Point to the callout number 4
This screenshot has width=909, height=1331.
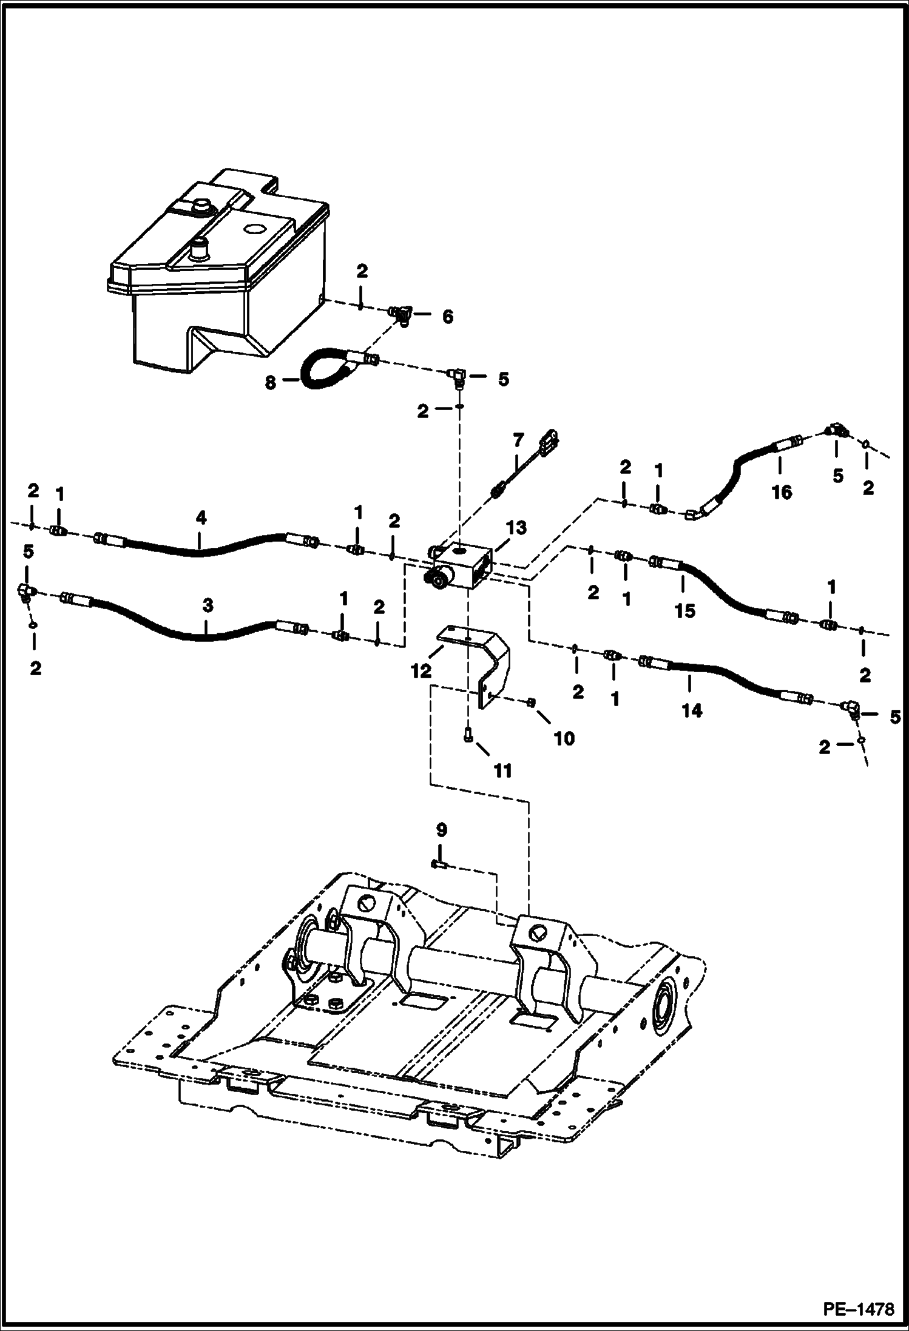point(201,517)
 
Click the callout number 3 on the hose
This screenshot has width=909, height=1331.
point(208,606)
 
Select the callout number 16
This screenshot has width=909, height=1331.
point(782,492)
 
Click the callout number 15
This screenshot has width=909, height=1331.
point(685,611)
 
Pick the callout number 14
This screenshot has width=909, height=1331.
point(691,710)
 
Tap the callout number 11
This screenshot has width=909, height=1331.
point(502,770)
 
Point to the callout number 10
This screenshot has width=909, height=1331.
point(564,738)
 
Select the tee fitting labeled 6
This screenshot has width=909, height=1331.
point(401,315)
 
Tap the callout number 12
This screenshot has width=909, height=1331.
point(421,671)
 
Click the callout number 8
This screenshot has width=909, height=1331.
point(271,382)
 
